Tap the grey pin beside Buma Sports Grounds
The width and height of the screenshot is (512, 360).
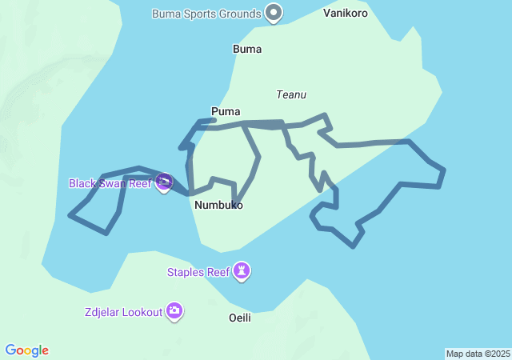pos(274,13)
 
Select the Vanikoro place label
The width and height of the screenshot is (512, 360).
pos(346,14)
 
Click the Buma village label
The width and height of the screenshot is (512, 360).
pos(247,50)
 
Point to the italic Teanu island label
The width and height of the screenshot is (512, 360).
pos(291,94)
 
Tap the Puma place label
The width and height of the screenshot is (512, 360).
pos(226,111)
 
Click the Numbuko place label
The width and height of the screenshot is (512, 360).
pos(218,206)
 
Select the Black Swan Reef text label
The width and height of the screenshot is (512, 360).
pos(110,183)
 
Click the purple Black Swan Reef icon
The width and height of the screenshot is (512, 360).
pos(164,183)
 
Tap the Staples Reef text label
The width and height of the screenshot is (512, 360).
pos(198,272)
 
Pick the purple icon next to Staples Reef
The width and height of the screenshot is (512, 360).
pos(242,272)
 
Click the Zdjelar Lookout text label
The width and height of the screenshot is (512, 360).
pos(123,311)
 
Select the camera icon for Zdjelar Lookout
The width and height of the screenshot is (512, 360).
pos(174,311)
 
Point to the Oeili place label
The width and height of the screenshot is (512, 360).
pos(240,318)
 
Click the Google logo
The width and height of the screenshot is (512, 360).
pos(27,350)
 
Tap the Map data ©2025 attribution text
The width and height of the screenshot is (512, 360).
pos(478,354)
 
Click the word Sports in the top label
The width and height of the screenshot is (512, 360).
pos(222,14)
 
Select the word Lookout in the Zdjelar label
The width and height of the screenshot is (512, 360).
pos(142,311)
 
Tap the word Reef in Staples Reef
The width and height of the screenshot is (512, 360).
pos(218,272)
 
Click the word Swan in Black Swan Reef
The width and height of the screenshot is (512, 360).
pos(113,183)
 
